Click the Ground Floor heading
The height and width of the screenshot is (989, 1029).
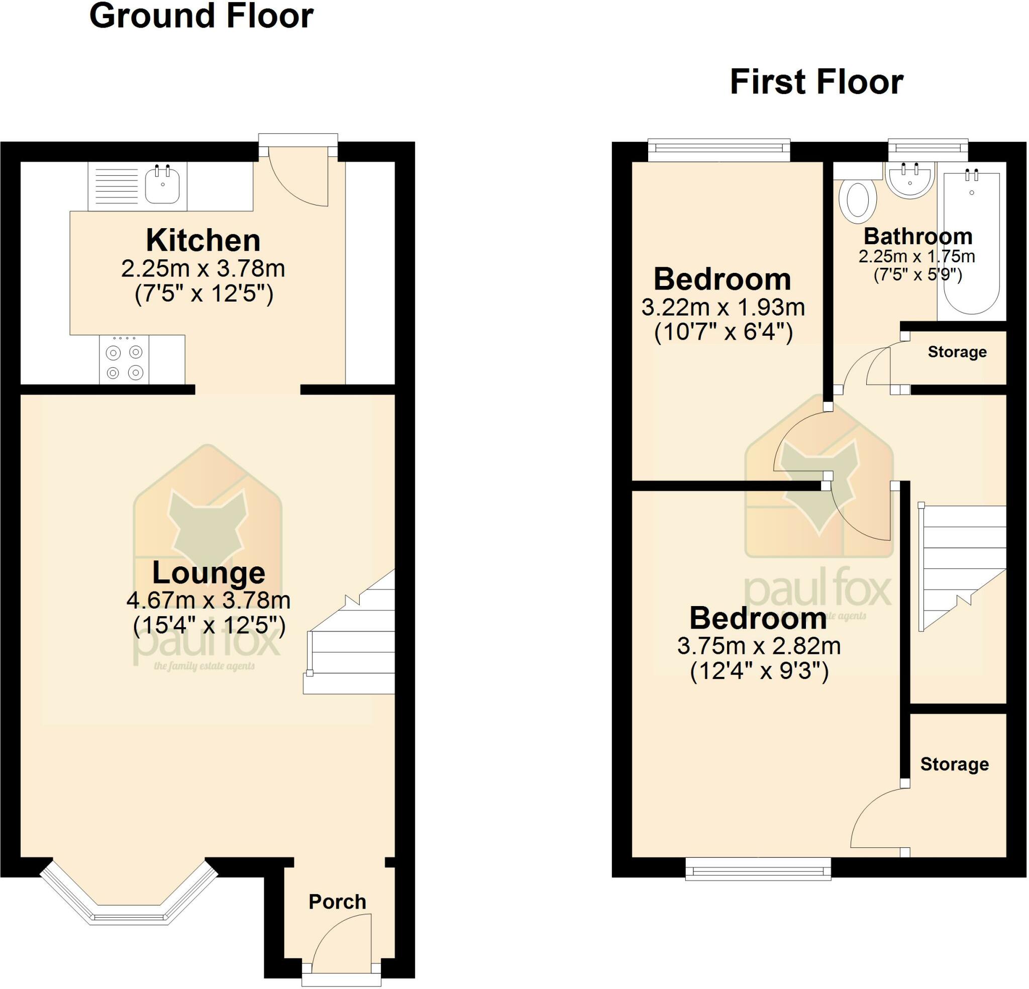click(x=201, y=15)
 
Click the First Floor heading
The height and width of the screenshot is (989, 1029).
click(x=816, y=82)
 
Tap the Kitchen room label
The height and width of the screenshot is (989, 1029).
click(x=203, y=240)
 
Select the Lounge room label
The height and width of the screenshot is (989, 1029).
click(x=209, y=572)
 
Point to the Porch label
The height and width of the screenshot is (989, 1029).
click(x=337, y=902)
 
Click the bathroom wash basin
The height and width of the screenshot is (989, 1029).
click(x=910, y=179)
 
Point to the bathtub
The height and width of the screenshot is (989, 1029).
click(x=972, y=241)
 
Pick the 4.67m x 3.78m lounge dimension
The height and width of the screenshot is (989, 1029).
click(x=209, y=600)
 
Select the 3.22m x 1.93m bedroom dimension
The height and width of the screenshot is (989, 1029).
click(x=723, y=307)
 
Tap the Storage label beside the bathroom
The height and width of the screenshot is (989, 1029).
click(x=957, y=352)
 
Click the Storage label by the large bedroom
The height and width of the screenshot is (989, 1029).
click(x=955, y=764)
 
